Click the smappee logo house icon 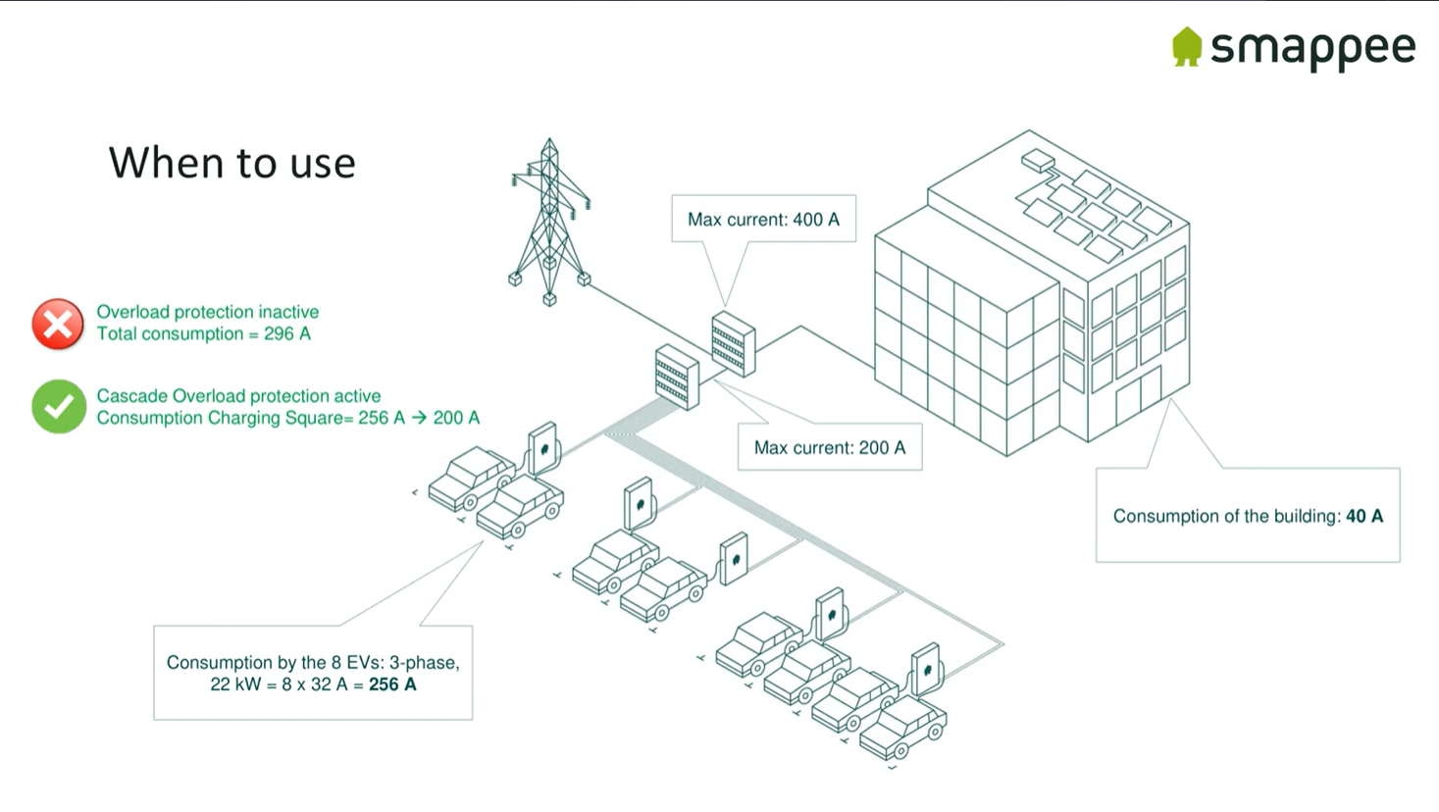point(1187,46)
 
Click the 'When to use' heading point(231,163)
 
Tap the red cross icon point(58,324)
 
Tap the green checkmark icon point(58,406)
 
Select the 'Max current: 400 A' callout point(763,219)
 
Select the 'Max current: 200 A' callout point(830,447)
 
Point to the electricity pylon point(549,222)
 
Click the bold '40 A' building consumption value point(1363,516)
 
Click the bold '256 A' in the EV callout point(392,685)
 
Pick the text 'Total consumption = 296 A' point(203,334)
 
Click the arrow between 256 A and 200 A point(419,418)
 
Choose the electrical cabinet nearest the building point(733,344)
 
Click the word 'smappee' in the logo point(1312,48)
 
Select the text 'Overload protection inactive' point(207,312)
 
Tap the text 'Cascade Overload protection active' point(238,396)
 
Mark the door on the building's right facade point(1138,397)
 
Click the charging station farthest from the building point(542,448)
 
